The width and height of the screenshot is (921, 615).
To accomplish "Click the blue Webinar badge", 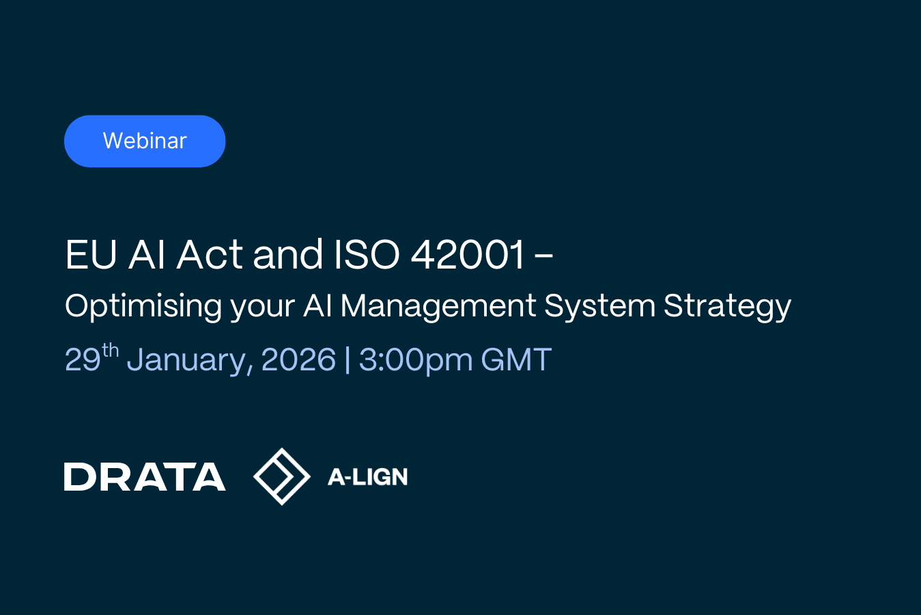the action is click(x=145, y=141).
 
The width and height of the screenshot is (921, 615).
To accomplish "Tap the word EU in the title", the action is click(x=91, y=254).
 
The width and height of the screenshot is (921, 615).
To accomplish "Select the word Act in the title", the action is click(x=210, y=254).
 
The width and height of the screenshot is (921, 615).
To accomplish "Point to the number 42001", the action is click(x=468, y=254).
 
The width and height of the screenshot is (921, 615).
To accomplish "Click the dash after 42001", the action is click(x=544, y=256).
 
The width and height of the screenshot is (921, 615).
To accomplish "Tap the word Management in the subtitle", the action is click(x=438, y=307).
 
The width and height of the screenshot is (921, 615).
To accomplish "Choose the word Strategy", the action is click(x=727, y=307).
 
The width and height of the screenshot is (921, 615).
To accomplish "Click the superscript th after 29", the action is click(x=110, y=351).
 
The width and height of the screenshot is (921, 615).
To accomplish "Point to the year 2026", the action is click(x=298, y=359).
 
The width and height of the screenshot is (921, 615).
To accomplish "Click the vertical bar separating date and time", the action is click(x=348, y=360).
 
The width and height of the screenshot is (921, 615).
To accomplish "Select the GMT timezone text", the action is click(x=516, y=359).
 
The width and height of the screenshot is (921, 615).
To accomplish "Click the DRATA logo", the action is click(x=145, y=477).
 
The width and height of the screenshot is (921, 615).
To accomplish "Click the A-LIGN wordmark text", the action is click(x=367, y=477).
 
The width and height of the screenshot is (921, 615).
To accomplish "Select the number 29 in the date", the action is click(x=83, y=359).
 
